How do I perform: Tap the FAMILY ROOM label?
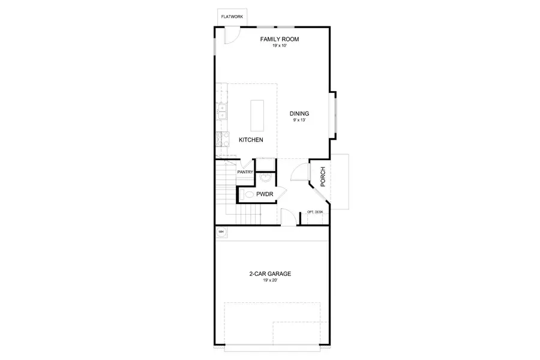(x=279, y=40)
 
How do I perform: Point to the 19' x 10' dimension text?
(x=279, y=46)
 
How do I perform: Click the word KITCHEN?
(x=251, y=140)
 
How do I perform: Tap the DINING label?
(x=299, y=113)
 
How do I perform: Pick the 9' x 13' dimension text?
(x=299, y=121)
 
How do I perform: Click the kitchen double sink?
(x=221, y=112)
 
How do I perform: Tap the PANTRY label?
(x=245, y=172)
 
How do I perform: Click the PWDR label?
(x=265, y=194)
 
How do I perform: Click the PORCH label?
(x=323, y=176)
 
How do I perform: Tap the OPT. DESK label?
(x=315, y=212)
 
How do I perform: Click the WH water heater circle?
(x=221, y=232)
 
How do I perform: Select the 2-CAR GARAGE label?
(x=270, y=274)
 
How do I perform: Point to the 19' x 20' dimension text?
(x=270, y=281)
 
